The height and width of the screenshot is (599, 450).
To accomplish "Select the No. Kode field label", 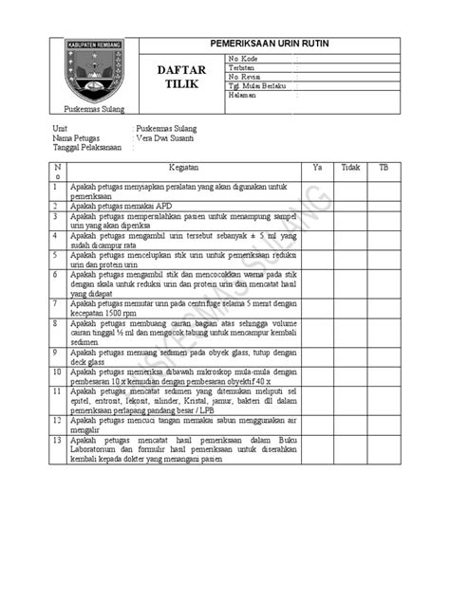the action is point(243,59).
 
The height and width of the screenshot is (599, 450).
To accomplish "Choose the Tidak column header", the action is point(350,165).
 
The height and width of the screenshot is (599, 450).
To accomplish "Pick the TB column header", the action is point(384,165).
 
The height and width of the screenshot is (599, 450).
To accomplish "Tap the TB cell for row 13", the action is point(384,449).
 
